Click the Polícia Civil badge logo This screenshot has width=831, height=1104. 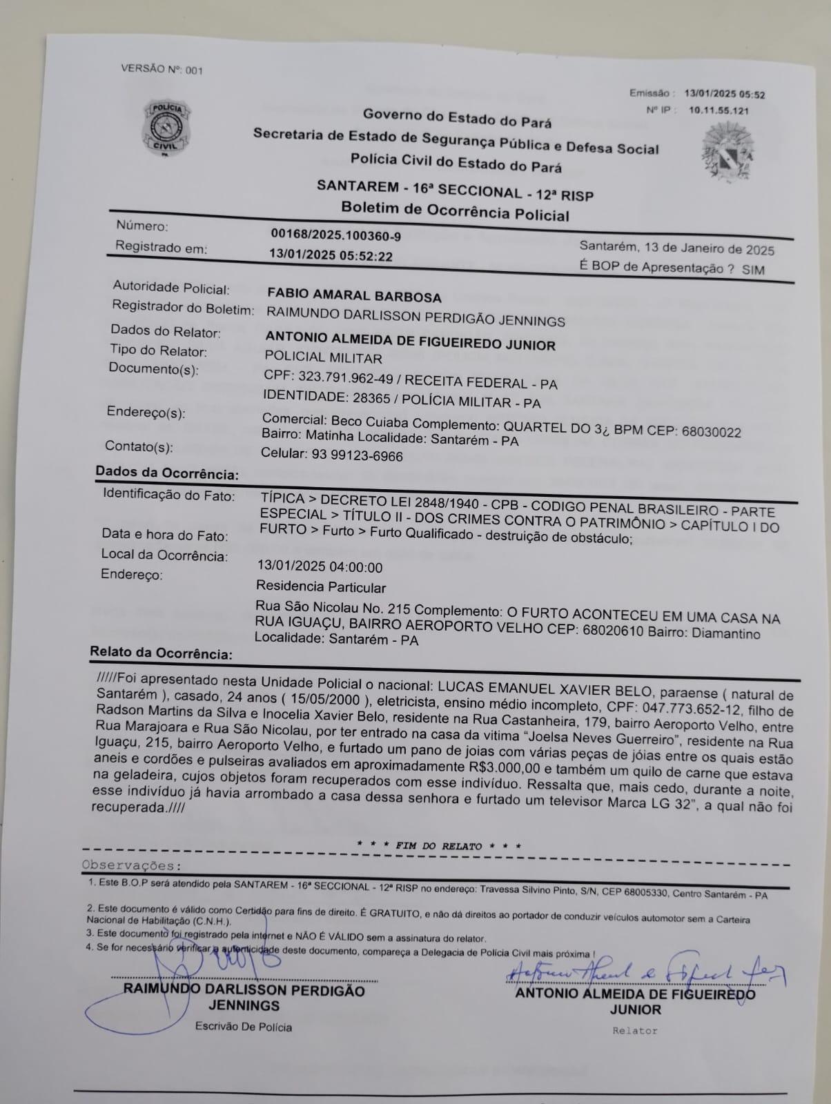(x=166, y=129)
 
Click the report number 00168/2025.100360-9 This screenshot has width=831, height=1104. (x=335, y=235)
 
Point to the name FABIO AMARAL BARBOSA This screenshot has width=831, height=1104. (x=353, y=297)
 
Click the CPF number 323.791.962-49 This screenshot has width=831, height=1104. (x=338, y=377)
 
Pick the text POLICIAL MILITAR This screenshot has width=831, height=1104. (x=323, y=357)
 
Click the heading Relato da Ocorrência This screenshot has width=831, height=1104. (x=161, y=653)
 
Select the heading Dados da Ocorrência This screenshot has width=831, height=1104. (x=167, y=473)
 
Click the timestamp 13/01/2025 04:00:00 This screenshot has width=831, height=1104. (x=320, y=567)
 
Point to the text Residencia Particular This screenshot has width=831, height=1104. (x=321, y=587)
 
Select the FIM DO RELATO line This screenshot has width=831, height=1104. (x=438, y=845)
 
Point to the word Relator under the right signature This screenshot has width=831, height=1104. (x=634, y=1031)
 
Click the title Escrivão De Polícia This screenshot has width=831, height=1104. (x=243, y=1027)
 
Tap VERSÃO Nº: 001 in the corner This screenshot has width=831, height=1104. (x=162, y=69)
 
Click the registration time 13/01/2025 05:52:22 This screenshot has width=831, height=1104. (x=331, y=256)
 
